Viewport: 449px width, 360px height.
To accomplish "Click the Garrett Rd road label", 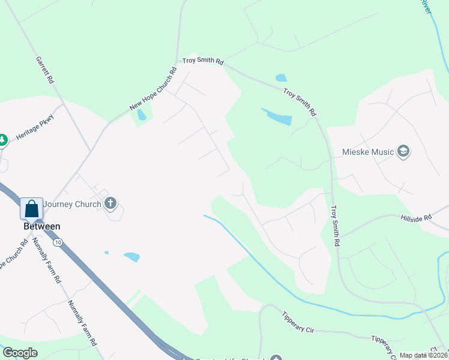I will click(x=45, y=70).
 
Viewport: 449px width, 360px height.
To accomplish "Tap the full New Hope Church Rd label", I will click(x=153, y=89).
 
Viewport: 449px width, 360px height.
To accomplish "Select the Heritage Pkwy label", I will click(x=35, y=127).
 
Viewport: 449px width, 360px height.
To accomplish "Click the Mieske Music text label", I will click(x=368, y=152).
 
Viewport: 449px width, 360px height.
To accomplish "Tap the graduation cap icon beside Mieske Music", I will click(x=403, y=151).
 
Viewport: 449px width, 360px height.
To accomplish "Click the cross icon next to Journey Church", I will click(x=110, y=203).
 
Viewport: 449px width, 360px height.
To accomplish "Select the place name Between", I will click(x=41, y=226).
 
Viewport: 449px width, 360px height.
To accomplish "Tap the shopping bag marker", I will click(x=32, y=209).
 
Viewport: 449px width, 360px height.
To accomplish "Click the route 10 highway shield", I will click(x=57, y=242).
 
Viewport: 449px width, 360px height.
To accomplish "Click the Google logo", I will click(x=20, y=353).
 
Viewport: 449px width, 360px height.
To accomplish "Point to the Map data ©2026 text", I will click(x=423, y=355).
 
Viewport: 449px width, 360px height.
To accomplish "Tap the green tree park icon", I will click(x=2, y=140).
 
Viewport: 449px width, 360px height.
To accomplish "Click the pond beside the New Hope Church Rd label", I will click(x=142, y=114).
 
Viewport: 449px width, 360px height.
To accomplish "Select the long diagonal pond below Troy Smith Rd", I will click(x=277, y=116).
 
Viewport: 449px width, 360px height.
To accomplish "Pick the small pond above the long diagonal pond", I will click(x=281, y=78).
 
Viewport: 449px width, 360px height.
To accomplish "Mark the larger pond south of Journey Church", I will click(x=131, y=257).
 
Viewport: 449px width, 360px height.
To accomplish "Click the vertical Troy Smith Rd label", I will click(x=336, y=226).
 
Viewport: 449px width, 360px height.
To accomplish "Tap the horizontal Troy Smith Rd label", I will click(x=203, y=61).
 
